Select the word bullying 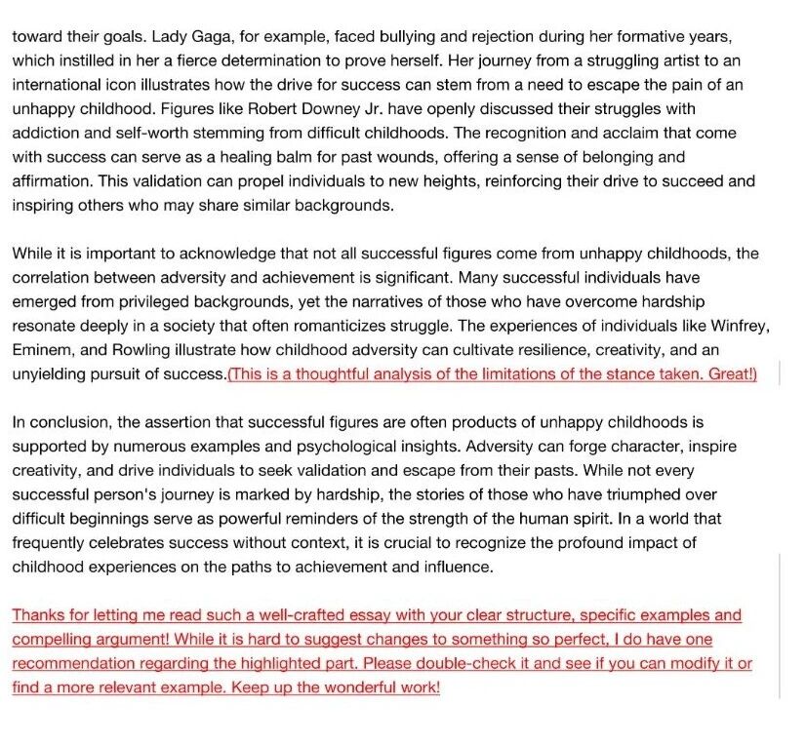coord(374,36)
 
